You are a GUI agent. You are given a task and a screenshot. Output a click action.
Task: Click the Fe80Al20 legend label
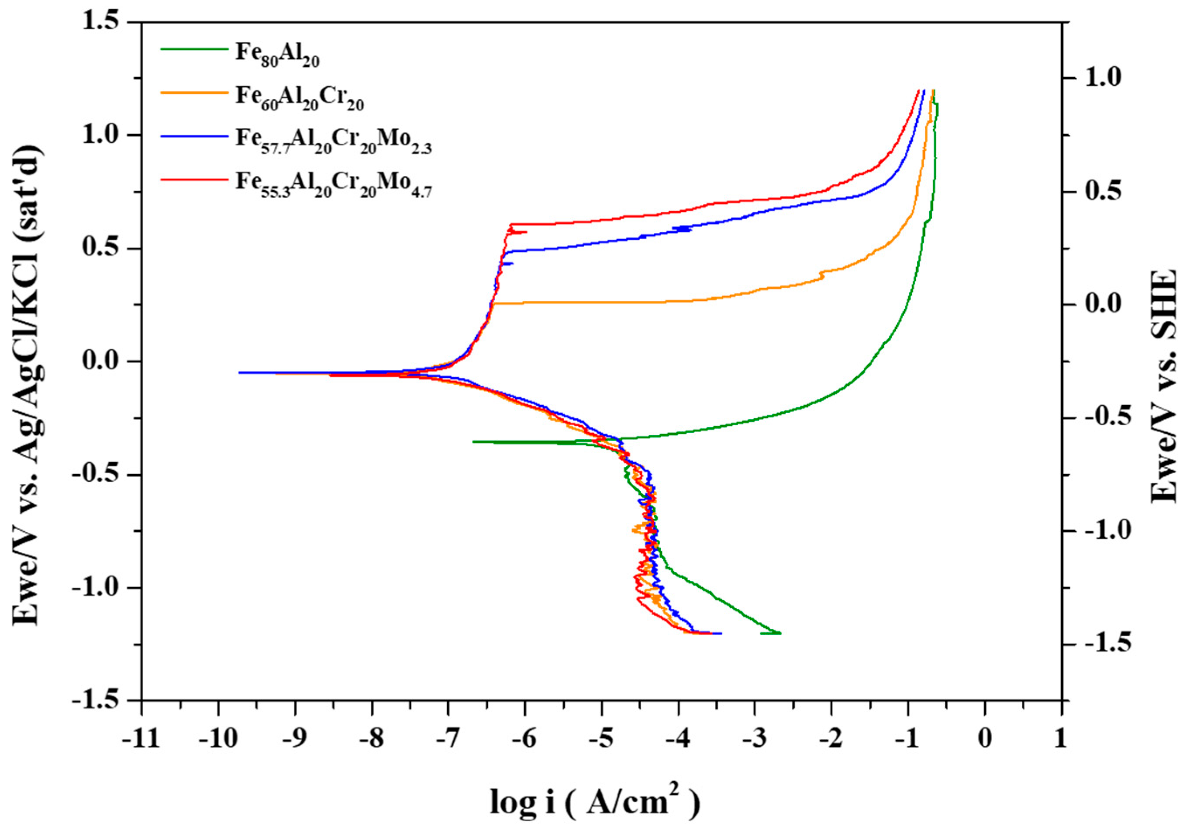(277, 54)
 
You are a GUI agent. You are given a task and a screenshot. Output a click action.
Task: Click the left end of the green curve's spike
(473, 441)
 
